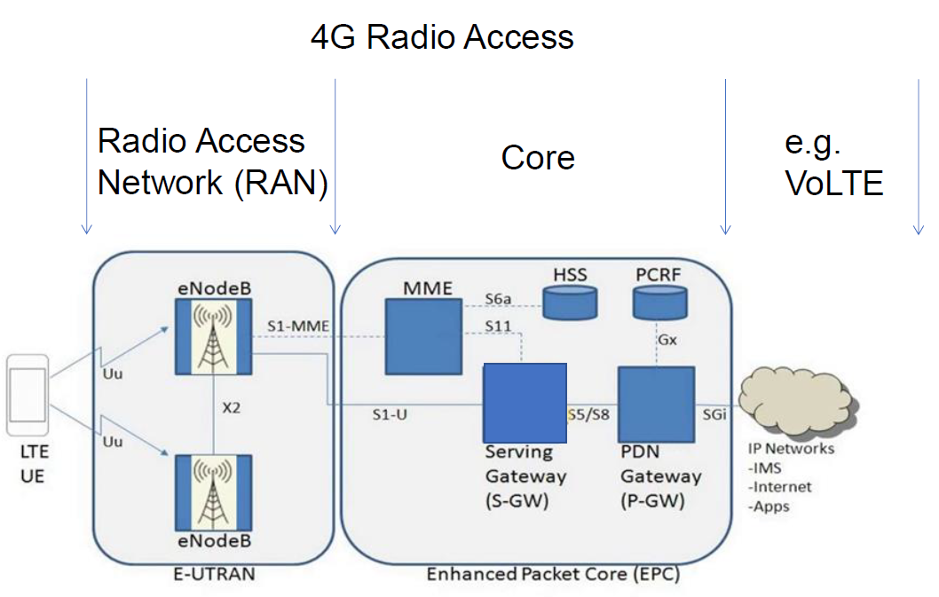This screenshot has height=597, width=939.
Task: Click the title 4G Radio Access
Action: point(441,37)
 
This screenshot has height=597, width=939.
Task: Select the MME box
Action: point(422,336)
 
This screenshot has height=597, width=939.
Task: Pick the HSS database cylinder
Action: point(569,303)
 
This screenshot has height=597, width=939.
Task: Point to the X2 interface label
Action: point(232,409)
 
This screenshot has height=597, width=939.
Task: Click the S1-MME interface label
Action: point(297,327)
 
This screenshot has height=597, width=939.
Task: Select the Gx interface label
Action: point(668,340)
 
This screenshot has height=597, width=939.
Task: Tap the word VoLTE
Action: point(833,183)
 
